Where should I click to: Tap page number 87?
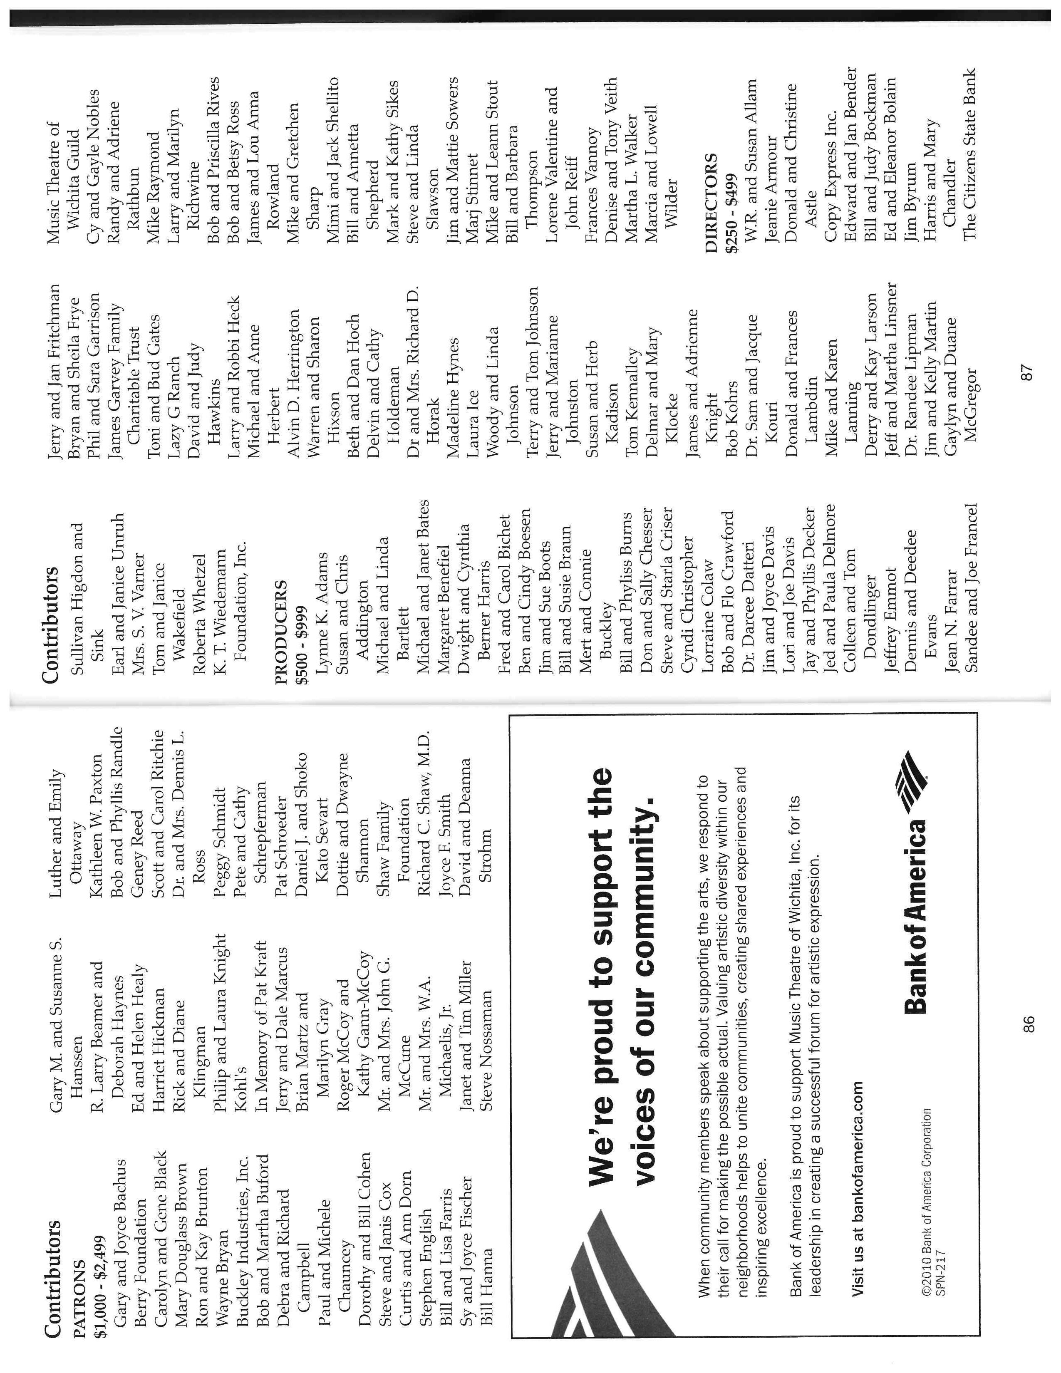coord(1027,373)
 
